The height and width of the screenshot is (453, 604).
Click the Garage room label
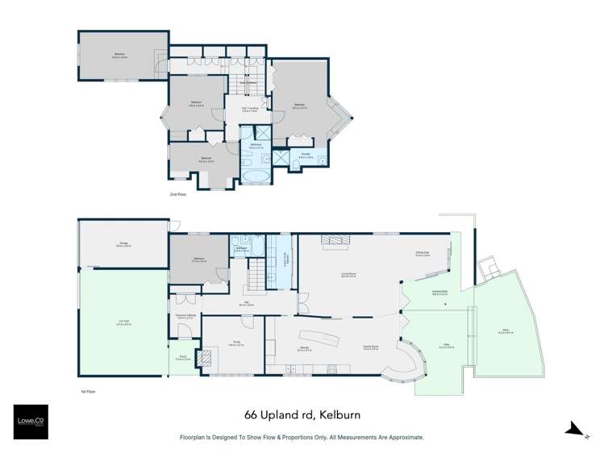pos(123,244)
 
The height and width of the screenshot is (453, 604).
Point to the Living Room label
pos(349,275)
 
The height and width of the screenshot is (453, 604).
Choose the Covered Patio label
pos(439,294)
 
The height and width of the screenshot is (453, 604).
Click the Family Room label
pos(372,348)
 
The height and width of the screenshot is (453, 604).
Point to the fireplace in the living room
pos(334,239)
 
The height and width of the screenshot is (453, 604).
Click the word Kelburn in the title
pos(336,416)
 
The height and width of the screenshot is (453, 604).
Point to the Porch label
pos(182,359)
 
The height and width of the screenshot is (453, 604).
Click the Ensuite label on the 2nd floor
pos(306,154)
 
